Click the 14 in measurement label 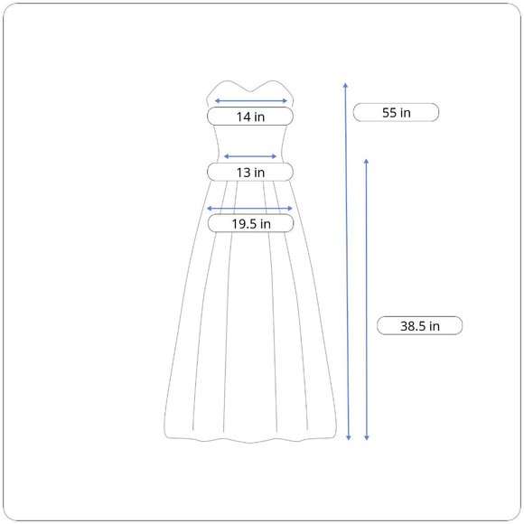[250, 117]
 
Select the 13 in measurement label [250, 172]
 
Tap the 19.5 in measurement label [250, 223]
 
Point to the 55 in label [396, 112]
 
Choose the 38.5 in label [420, 325]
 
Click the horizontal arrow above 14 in [250, 100]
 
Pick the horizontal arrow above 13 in [250, 156]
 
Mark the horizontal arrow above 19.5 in [249, 209]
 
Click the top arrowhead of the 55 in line [345, 85]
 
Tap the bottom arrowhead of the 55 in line [349, 438]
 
